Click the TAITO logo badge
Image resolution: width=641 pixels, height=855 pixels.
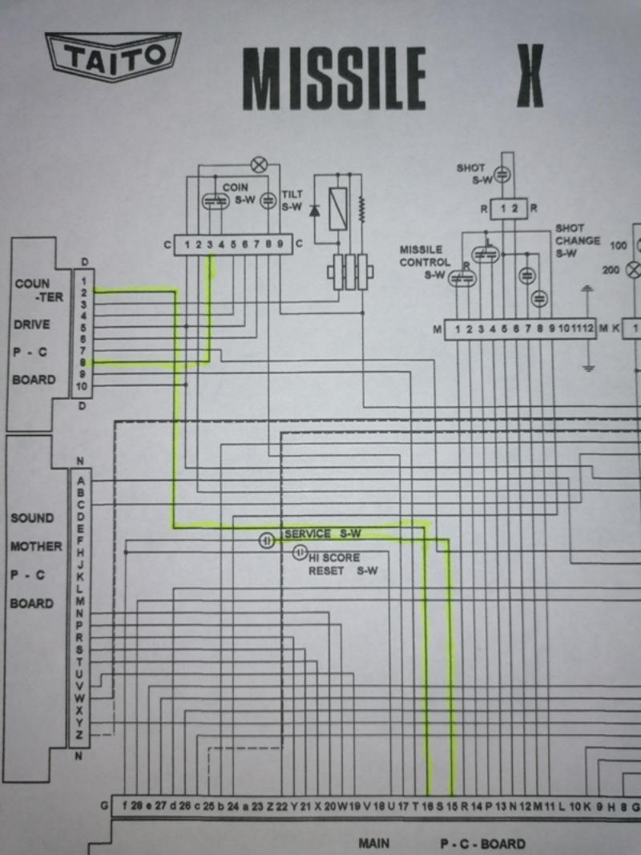click(113, 58)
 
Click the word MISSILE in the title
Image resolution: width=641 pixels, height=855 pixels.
click(334, 78)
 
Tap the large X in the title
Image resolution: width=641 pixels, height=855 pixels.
click(530, 76)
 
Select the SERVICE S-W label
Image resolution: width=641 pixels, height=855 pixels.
click(323, 534)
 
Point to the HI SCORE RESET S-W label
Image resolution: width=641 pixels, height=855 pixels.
click(337, 564)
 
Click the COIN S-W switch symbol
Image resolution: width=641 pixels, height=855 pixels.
click(212, 202)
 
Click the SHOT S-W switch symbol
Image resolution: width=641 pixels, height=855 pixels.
click(502, 174)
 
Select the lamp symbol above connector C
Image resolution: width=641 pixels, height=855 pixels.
click(258, 165)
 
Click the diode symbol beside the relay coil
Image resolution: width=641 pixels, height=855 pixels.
click(314, 211)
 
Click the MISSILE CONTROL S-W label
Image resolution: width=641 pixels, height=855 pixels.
click(425, 262)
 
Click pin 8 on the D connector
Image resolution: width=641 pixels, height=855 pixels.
click(83, 362)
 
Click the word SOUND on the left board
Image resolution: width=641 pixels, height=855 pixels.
click(32, 518)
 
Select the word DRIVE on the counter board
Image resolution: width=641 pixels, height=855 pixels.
click(30, 325)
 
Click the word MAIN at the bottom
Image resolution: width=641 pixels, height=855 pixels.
click(373, 843)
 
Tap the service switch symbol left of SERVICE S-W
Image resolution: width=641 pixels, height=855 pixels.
click(267, 541)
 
